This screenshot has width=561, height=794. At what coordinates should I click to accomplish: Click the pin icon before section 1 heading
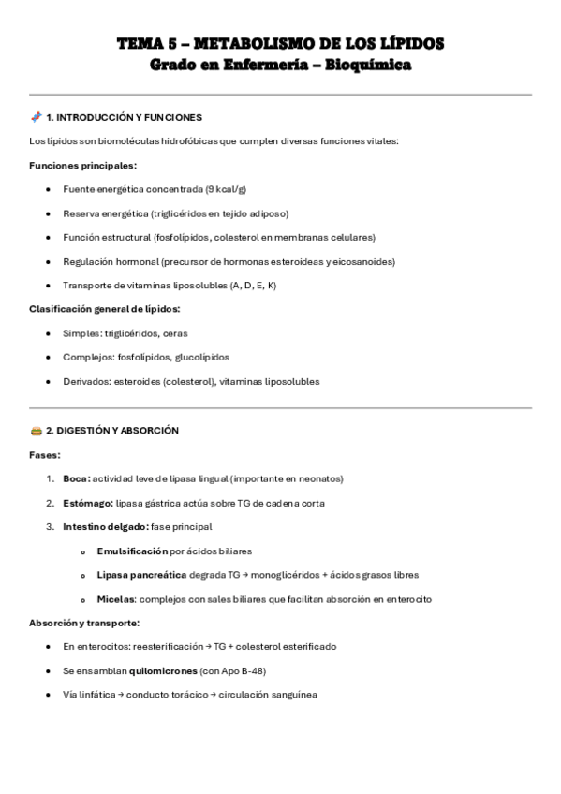click(36, 117)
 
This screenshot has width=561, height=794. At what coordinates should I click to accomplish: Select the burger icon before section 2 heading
click(36, 431)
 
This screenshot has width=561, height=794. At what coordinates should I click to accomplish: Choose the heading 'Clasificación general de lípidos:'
click(105, 309)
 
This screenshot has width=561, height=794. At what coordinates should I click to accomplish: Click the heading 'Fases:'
click(45, 455)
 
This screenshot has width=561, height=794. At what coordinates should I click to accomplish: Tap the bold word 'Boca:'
click(77, 478)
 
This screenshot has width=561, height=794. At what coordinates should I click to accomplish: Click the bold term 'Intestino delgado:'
click(105, 527)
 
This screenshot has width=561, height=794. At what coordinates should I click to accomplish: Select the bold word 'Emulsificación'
click(132, 551)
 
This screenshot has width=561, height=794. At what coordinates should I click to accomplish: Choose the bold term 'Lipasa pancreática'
click(140, 575)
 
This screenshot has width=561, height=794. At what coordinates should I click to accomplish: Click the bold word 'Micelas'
click(116, 599)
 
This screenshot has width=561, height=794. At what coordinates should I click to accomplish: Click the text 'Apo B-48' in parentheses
click(237, 670)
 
